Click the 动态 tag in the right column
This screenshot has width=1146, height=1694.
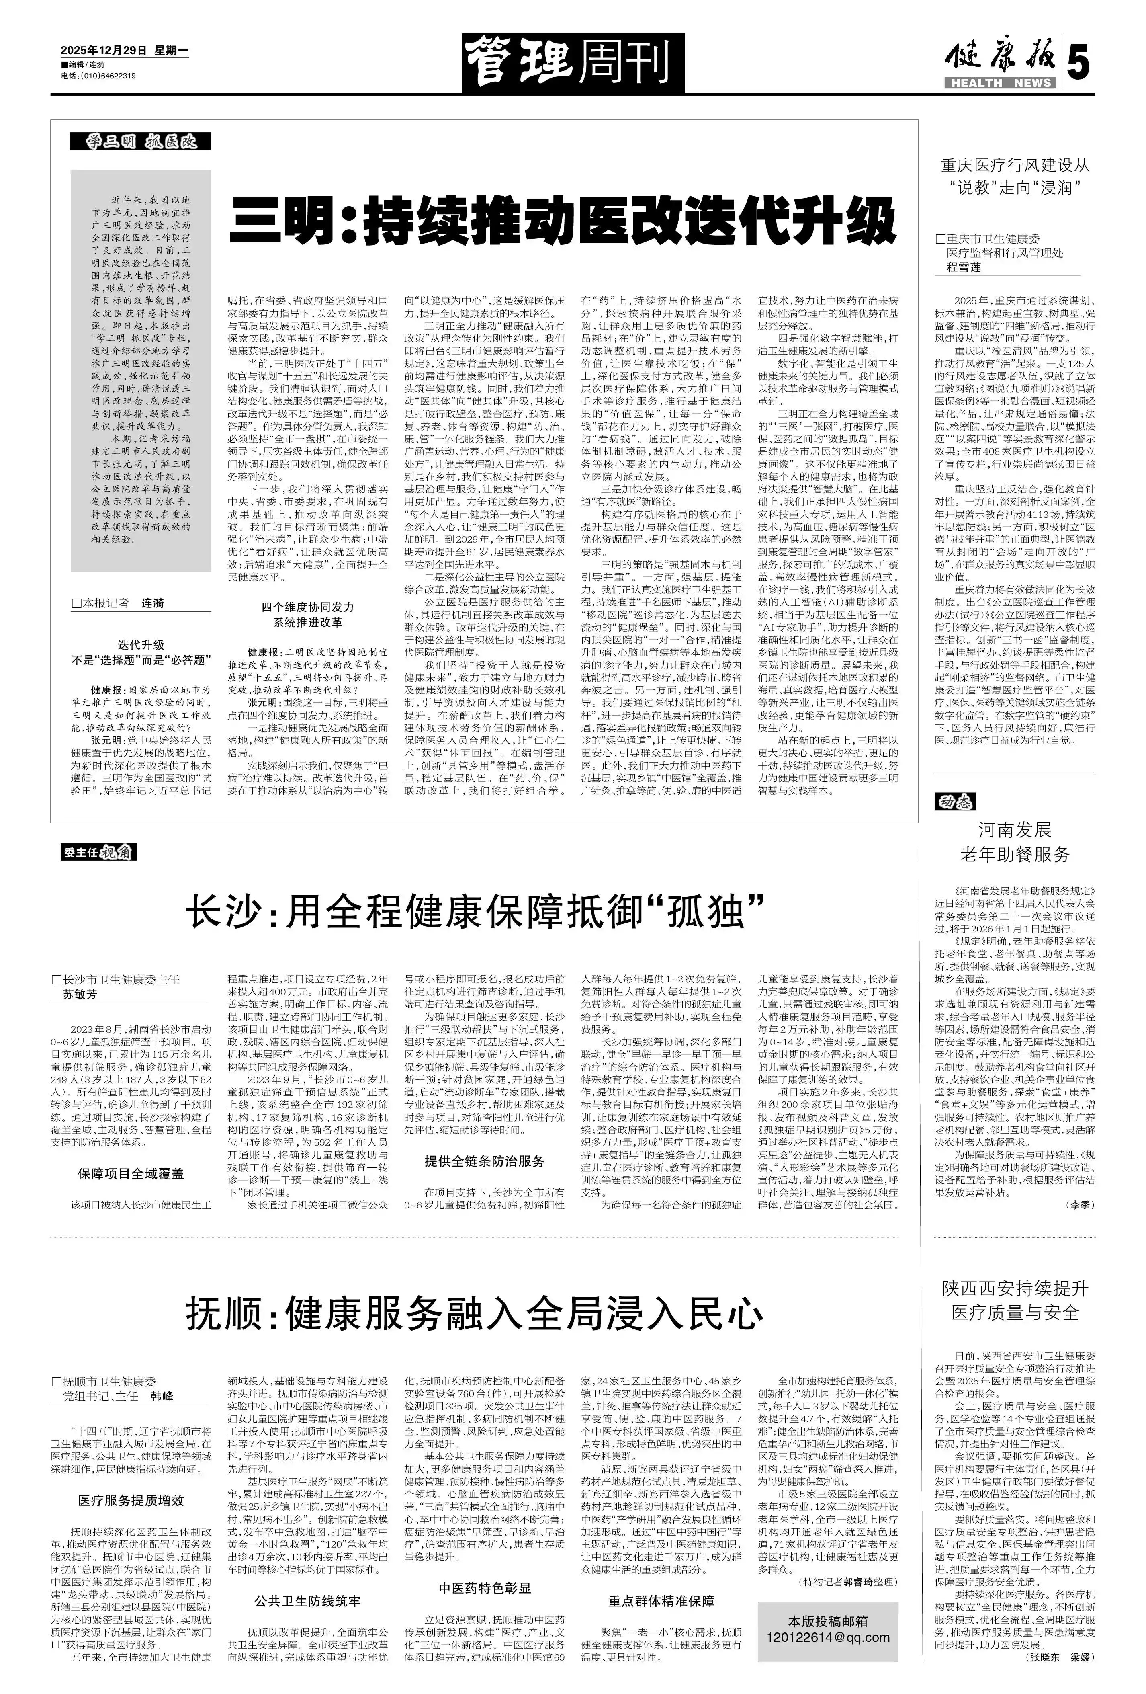pyautogui.click(x=954, y=803)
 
